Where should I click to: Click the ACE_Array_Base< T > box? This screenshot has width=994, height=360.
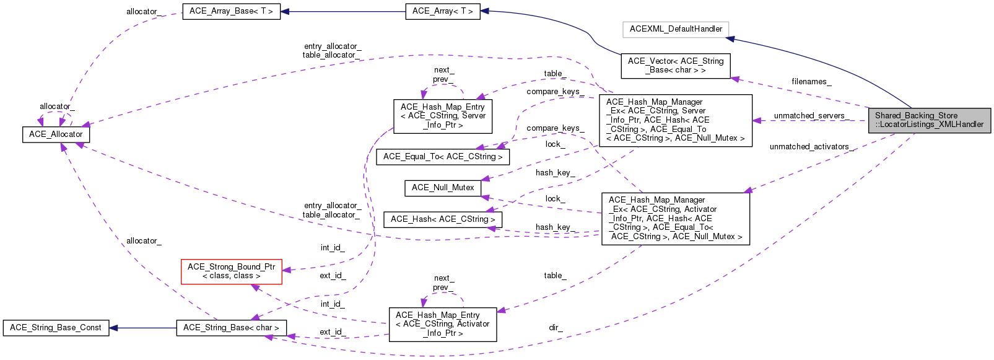point(231,11)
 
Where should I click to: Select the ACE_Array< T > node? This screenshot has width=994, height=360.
point(442,11)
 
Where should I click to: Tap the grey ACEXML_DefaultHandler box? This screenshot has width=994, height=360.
point(676,29)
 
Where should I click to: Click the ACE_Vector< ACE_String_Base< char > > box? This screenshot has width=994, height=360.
point(676,66)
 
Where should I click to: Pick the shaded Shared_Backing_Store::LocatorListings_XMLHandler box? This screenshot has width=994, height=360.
point(929,120)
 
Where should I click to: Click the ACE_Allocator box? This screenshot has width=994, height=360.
point(56,134)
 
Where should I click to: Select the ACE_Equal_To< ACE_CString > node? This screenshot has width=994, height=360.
point(443,157)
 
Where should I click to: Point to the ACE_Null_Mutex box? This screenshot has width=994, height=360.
point(443,188)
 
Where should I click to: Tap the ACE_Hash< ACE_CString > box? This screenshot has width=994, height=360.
point(443,219)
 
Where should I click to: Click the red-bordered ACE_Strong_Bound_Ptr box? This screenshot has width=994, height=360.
point(232,271)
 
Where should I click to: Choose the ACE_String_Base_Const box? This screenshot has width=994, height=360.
point(56,328)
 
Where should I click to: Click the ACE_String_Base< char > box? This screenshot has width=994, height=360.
point(231,328)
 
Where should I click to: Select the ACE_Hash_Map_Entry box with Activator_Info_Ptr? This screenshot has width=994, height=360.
point(442,324)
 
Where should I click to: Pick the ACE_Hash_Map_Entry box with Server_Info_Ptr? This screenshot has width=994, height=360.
point(443,116)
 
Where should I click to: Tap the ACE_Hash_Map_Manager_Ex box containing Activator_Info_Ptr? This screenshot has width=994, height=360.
point(675,219)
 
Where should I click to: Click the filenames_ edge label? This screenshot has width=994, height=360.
point(811,82)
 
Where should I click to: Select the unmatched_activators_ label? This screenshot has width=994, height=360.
point(811,147)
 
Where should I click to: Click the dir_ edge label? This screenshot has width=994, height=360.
point(556,328)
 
